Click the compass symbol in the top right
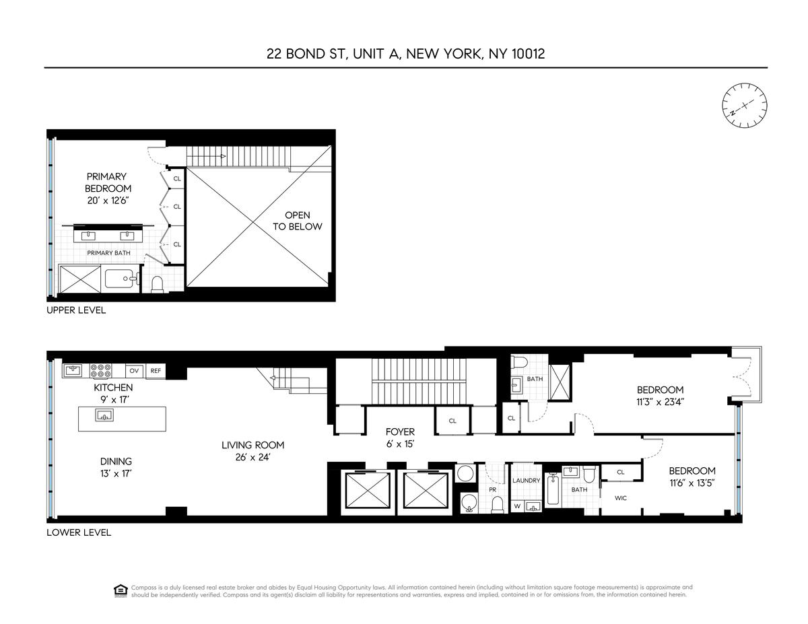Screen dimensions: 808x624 coord(745,105)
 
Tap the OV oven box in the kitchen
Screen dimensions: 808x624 coord(135,370)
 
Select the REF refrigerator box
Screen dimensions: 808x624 coord(156,370)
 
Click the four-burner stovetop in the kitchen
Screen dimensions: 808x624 coord(101,370)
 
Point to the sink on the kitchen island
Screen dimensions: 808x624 coord(104,415)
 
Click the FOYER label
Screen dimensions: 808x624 coord(400,431)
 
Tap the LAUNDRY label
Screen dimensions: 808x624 coord(526,480)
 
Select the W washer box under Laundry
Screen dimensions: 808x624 coord(517,506)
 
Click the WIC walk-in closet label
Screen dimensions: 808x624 coord(621,497)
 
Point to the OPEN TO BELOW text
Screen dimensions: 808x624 coord(298,221)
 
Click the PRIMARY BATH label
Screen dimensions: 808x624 coord(108,252)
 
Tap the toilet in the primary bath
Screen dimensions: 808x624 coord(158,284)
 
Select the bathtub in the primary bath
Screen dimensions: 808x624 coord(122,279)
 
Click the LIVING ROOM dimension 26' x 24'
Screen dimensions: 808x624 coord(252,457)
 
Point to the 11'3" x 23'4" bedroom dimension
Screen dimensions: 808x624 coord(660,402)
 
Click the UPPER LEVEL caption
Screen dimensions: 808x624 coord(76,310)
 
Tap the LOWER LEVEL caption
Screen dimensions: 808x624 coord(79,532)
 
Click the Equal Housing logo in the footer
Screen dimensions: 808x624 coord(120,591)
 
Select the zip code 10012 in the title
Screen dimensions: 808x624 coord(528,54)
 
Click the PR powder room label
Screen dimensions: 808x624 coord(492,489)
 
